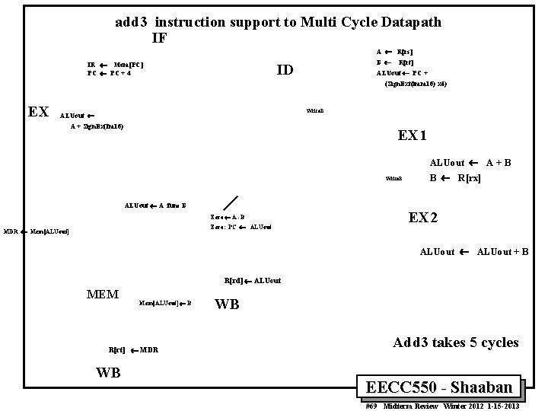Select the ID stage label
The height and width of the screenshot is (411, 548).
pyautogui.click(x=285, y=71)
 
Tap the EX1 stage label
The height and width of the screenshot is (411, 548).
pyautogui.click(x=413, y=136)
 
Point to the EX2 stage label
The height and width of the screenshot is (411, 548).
pyautogui.click(x=423, y=218)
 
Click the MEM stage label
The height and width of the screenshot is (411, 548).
pyautogui.click(x=103, y=295)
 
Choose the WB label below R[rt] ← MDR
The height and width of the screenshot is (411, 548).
pyautogui.click(x=108, y=373)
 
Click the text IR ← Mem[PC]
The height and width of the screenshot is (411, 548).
pyautogui.click(x=116, y=65)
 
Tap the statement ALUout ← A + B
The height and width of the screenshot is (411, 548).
pyautogui.click(x=470, y=163)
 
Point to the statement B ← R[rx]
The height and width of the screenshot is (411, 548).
pyautogui.click(x=455, y=178)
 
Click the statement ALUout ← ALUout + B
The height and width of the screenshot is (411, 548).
pyautogui.click(x=474, y=252)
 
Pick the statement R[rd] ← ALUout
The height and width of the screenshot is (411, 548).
pyautogui.click(x=253, y=281)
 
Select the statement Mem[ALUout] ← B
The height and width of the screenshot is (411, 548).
pyautogui.click(x=165, y=303)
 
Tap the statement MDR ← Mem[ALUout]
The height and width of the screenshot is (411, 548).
pyautogui.click(x=36, y=231)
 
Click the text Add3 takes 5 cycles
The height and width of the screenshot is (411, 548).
pyautogui.click(x=455, y=342)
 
